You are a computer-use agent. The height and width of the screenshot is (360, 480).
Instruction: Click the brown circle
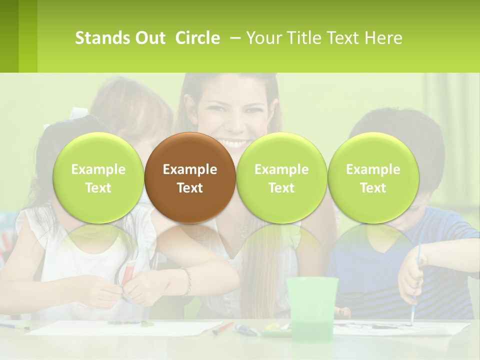pyautogui.click(x=190, y=177)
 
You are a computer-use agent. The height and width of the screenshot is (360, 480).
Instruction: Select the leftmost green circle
pyautogui.click(x=98, y=177)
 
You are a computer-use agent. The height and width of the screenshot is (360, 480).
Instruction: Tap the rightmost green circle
pyautogui.click(x=373, y=177)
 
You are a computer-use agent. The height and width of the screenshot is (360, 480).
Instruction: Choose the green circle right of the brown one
pyautogui.click(x=281, y=177)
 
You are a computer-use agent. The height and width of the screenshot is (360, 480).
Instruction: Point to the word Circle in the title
pyautogui.click(x=197, y=38)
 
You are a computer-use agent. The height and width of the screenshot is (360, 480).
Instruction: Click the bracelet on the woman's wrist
pyautogui.click(x=187, y=282)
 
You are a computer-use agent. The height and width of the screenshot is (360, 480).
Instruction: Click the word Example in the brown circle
pyautogui.click(x=190, y=169)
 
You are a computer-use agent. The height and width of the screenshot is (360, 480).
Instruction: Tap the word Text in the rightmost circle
pyautogui.click(x=373, y=188)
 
